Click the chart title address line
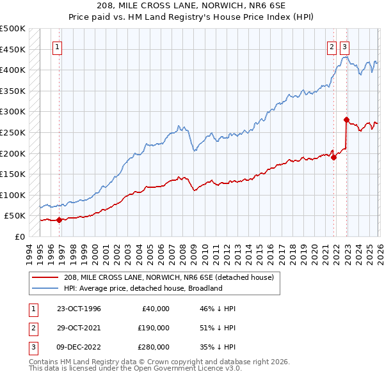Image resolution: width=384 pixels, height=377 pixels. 192,6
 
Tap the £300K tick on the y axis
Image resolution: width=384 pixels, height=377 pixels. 13,112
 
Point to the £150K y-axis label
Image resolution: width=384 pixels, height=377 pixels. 13,174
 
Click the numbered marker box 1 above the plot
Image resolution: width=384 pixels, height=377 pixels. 58,46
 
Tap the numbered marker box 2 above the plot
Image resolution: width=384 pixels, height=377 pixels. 332,46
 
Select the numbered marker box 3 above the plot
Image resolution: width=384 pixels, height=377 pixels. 345,46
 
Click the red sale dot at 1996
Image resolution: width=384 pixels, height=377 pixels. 60,220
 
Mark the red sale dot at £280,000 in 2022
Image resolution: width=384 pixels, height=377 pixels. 346,119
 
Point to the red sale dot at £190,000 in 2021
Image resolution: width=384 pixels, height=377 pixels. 334,157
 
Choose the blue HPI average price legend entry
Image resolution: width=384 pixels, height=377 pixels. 142,288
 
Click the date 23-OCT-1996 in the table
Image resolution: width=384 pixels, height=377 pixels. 79,309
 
